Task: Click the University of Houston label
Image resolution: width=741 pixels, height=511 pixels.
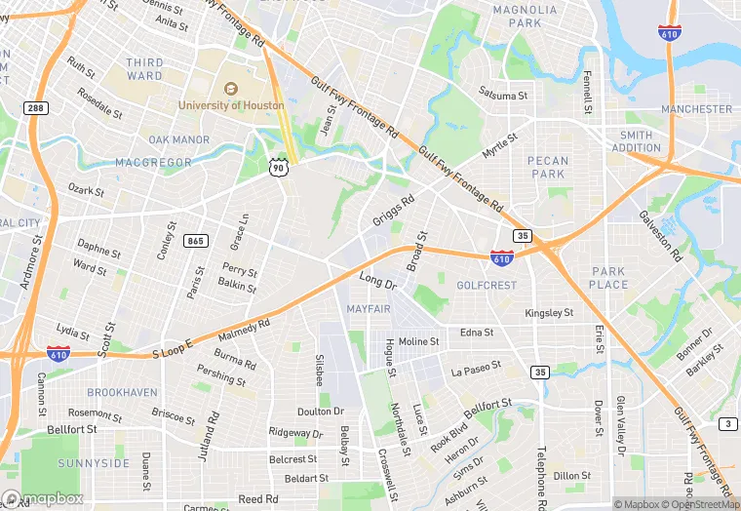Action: click(231, 104)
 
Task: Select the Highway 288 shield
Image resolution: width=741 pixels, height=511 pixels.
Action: click(34, 108)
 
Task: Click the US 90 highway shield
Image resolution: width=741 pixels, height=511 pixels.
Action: click(279, 168)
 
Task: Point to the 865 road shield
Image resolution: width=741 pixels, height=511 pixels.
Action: click(196, 240)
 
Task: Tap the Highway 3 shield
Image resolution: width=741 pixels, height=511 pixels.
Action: click(728, 423)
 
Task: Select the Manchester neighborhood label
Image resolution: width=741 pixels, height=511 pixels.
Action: click(696, 109)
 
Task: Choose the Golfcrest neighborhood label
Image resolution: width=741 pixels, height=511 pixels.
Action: click(486, 285)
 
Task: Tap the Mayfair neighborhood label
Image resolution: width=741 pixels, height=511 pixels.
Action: click(370, 308)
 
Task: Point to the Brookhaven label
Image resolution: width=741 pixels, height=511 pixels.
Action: click(122, 392)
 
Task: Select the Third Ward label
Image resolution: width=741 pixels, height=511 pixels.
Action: click(144, 69)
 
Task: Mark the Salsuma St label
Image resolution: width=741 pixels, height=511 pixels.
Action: click(503, 95)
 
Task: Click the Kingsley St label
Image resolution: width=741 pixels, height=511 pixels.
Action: click(549, 314)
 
